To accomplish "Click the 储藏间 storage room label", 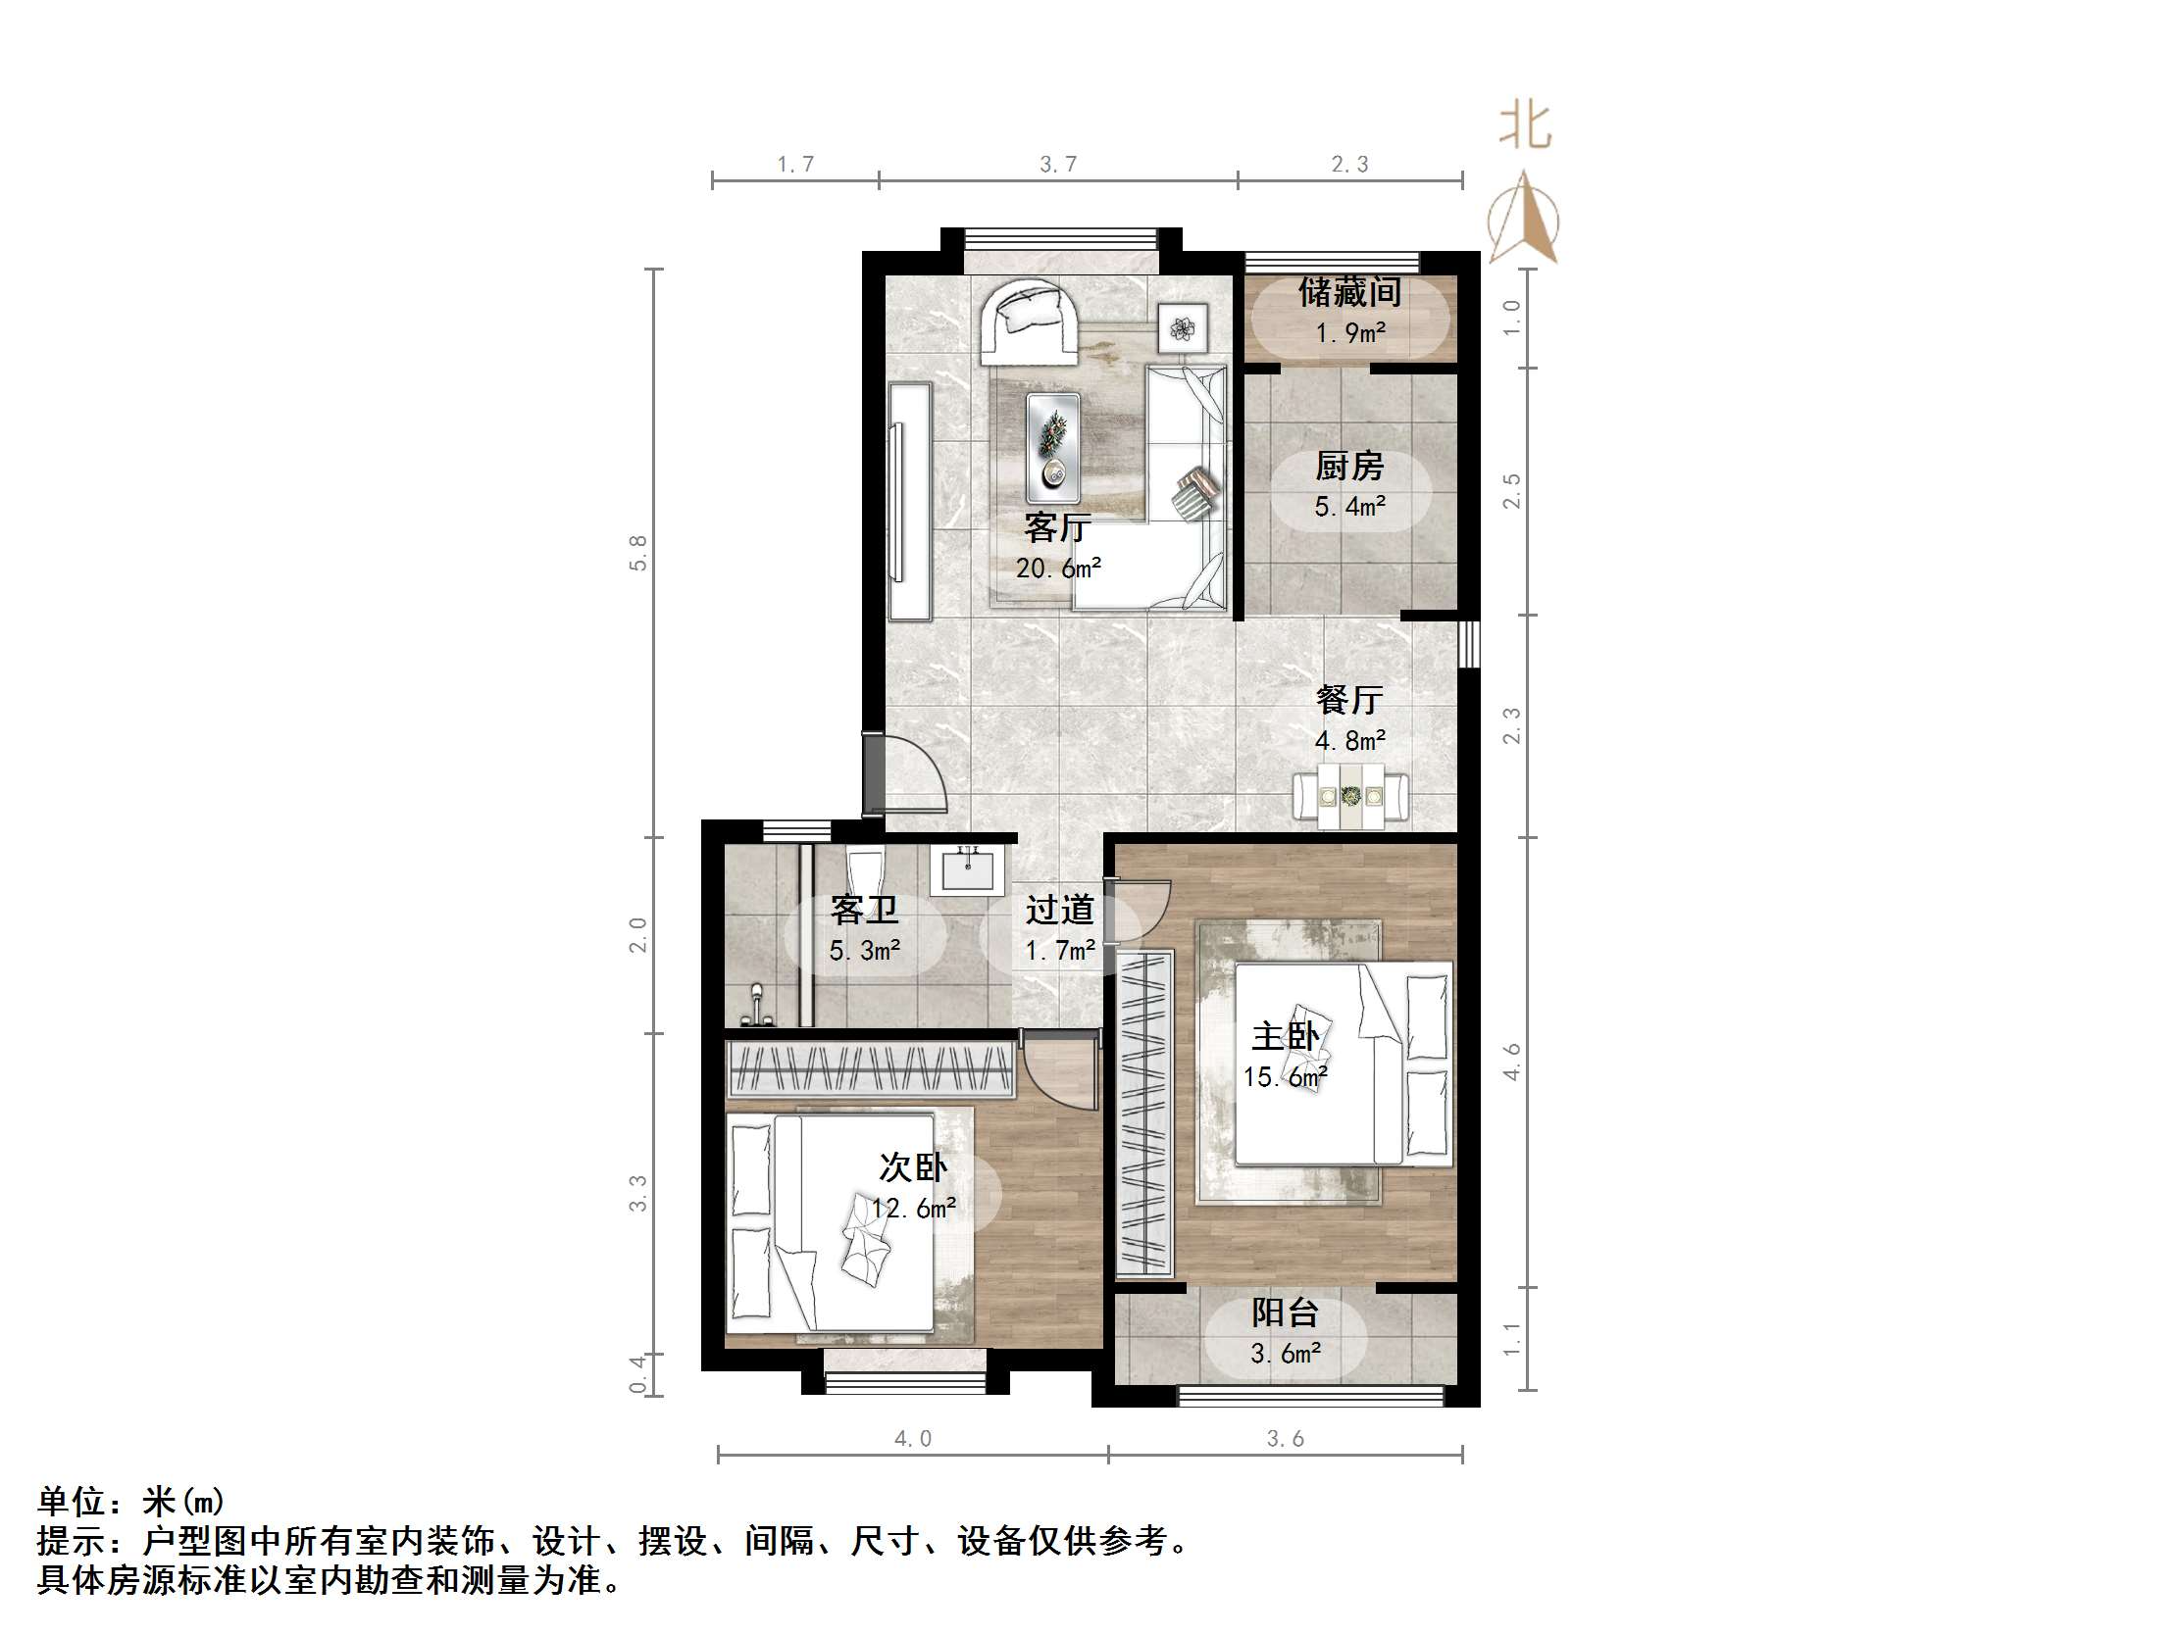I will point(1348,292).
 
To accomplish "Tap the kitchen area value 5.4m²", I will point(1348,507).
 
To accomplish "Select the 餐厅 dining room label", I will point(1348,700).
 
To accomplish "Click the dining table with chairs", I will point(1350,795).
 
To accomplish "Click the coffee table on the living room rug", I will point(1053,446).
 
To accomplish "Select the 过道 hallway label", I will point(1059,910).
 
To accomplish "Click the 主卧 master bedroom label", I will point(1285,1036).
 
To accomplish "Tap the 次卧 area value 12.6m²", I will point(913,1209).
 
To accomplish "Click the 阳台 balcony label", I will point(1285,1313).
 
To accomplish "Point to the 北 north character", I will point(1524,127).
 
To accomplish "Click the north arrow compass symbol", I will point(1523,219).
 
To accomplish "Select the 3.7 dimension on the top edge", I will point(1058,165).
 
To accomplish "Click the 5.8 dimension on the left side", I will point(638,553).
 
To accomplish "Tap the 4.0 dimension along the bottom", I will point(912,1439).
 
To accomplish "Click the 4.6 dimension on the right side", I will point(1511,1062).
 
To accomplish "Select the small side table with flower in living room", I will point(1183,327).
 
